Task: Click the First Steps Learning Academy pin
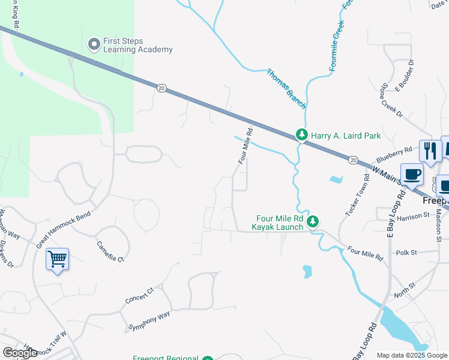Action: [x=94, y=44]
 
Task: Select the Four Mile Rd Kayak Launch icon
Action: [x=313, y=222]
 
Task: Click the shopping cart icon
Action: [x=57, y=259]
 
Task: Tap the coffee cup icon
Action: [x=412, y=175]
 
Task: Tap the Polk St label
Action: [x=406, y=253]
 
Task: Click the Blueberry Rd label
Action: [x=394, y=155]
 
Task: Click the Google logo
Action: [x=20, y=353]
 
